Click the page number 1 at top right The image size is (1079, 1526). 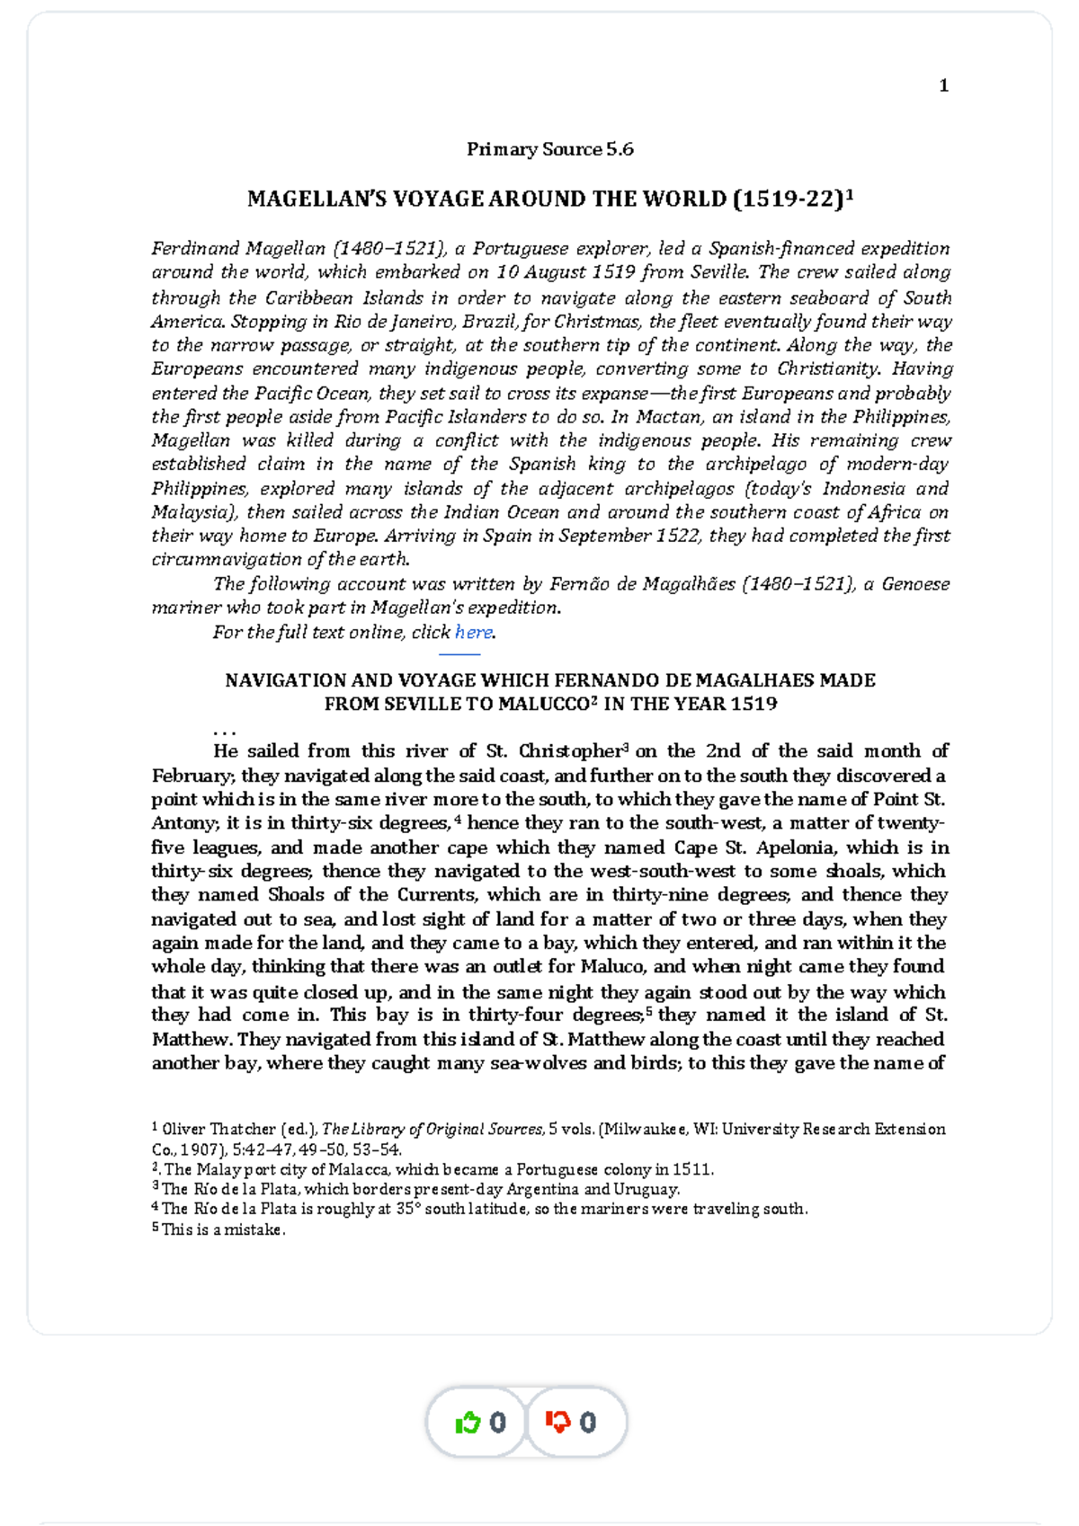coord(943,85)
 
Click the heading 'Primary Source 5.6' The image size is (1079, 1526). coord(549,149)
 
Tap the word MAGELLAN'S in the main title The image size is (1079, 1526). coord(307,200)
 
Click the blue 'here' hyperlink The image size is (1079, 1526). coord(473,632)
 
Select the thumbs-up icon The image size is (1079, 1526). coord(468,1423)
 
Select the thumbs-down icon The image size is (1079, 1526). coord(558,1423)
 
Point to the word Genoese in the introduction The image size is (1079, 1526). coord(915,584)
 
